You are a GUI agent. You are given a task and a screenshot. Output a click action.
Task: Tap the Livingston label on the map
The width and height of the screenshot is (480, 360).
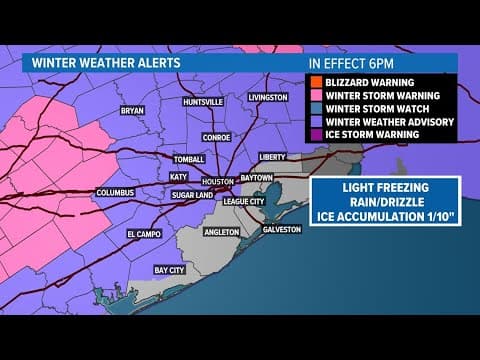pos(268,97)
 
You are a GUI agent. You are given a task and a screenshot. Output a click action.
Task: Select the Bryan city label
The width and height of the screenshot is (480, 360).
pos(133,111)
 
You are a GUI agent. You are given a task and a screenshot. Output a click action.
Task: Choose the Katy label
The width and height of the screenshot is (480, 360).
pos(179,177)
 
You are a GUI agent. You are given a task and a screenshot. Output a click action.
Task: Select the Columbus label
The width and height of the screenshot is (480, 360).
pos(115,192)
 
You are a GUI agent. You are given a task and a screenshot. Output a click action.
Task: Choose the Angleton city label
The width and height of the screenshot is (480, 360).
pos(222,232)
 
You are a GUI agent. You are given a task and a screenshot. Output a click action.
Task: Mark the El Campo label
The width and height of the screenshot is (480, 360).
pos(144,233)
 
